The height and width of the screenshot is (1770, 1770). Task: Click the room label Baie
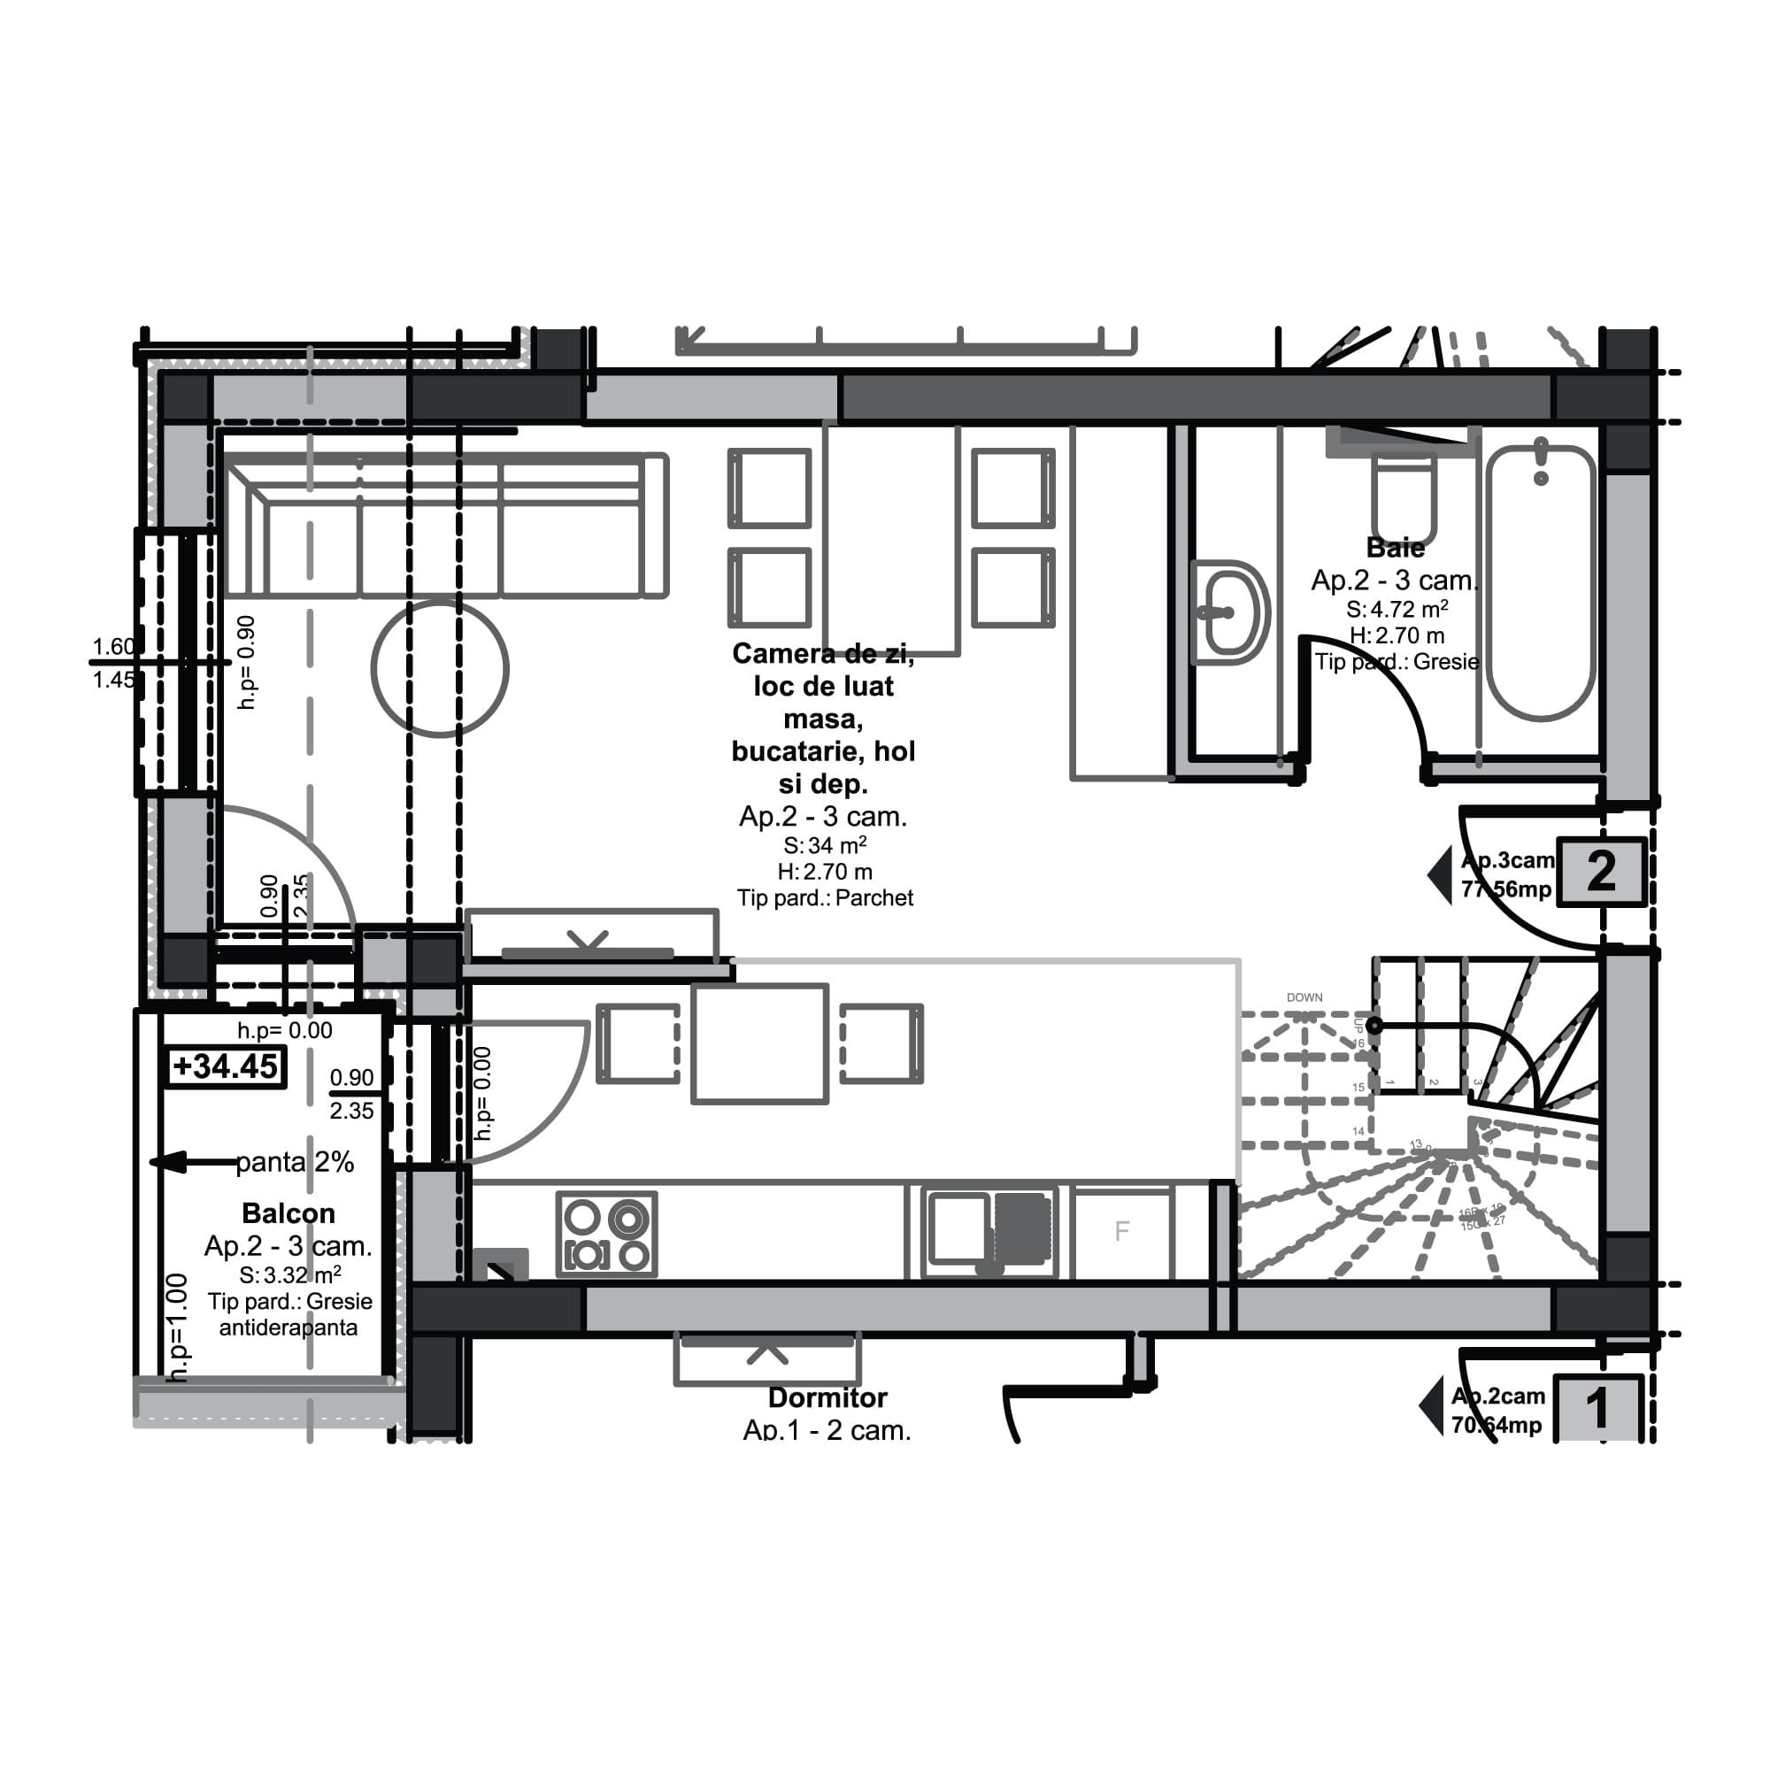point(1395,548)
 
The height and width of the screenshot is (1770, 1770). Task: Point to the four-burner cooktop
point(606,1233)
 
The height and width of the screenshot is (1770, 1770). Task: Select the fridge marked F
point(1121,1231)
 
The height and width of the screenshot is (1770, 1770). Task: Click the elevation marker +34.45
point(226,1066)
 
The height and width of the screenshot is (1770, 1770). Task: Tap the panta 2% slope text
point(294,1162)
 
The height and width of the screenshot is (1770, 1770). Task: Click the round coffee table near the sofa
point(440,669)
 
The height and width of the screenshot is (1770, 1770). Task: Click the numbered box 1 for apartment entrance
point(1597,1408)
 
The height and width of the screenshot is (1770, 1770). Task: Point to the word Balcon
point(288,1213)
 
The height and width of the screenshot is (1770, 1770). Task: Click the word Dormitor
point(827,1398)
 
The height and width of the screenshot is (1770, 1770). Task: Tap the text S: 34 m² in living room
point(825,845)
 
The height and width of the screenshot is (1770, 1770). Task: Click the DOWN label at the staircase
point(1304,997)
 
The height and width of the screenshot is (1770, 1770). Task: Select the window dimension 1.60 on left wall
point(113,647)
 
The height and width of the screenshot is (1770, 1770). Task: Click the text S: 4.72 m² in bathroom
point(1397,609)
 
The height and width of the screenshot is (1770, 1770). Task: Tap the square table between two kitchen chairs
point(759,1043)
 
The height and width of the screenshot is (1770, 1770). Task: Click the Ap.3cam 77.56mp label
point(1506,875)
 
